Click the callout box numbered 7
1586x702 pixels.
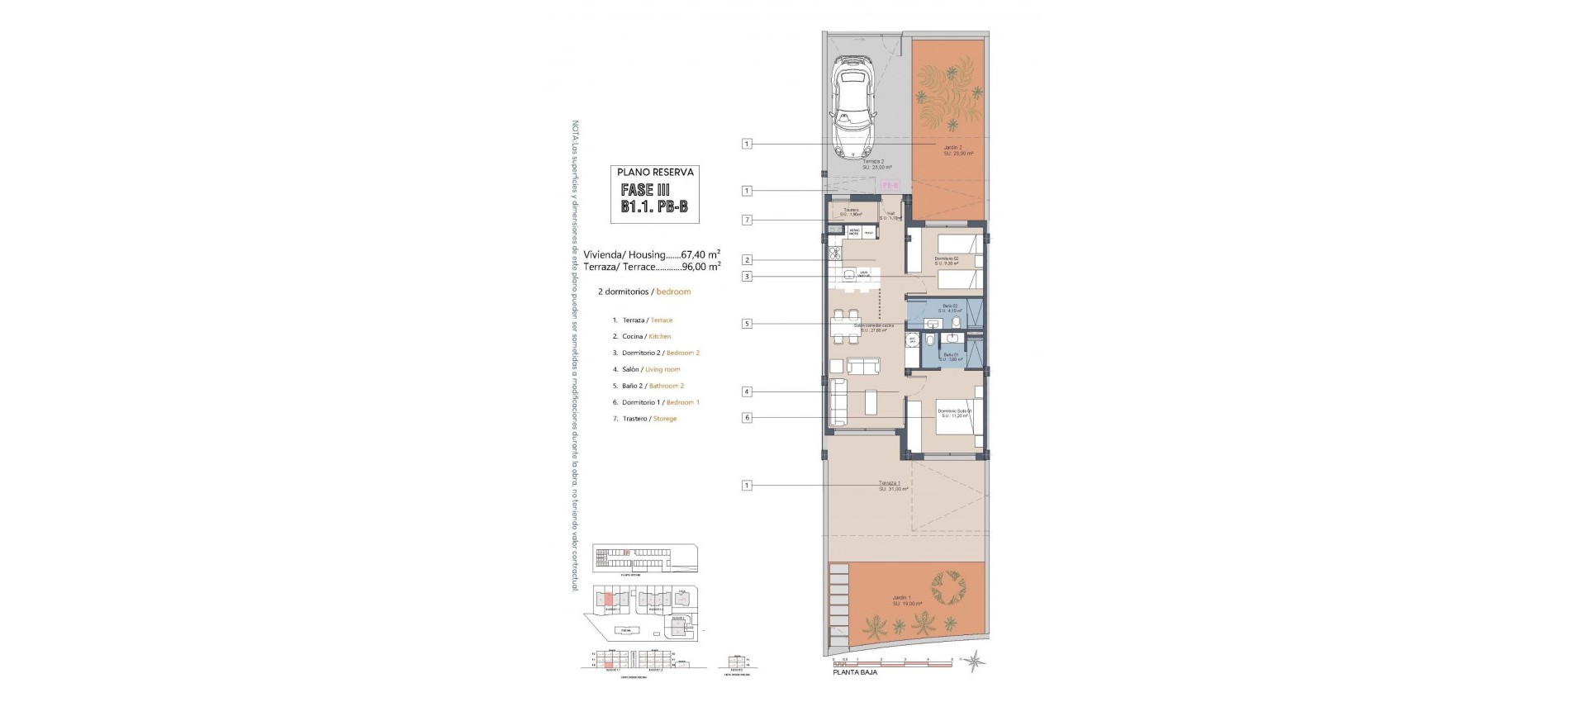pos(747,220)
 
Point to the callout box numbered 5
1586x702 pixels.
pos(747,324)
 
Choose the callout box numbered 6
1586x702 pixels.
pos(747,418)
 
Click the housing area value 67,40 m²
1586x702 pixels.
pos(700,254)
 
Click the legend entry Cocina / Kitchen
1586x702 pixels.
pos(641,336)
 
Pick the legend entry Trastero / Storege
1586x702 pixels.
pos(643,419)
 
